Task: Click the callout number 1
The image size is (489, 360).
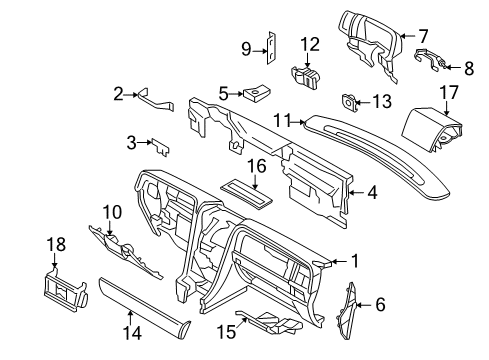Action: coord(354,262)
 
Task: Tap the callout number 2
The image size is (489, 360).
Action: coord(119,93)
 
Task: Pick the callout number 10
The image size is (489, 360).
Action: coord(111,212)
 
